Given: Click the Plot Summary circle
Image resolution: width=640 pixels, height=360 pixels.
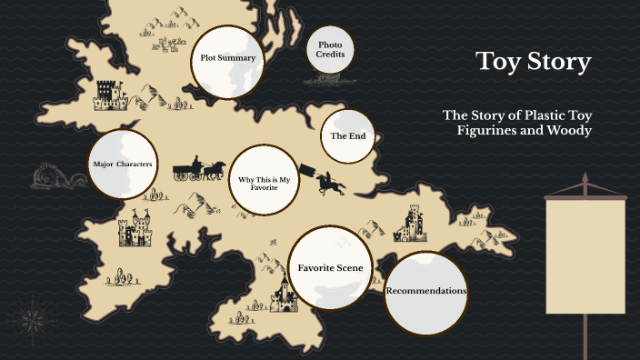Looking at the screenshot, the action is [227, 58].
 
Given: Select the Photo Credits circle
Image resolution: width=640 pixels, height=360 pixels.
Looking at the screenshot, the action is [330, 49].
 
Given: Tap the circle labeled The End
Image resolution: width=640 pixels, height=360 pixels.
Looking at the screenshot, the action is [347, 135].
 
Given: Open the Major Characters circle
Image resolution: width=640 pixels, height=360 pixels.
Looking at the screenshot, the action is [122, 165].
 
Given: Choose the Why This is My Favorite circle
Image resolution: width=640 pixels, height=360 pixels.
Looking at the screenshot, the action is [263, 182].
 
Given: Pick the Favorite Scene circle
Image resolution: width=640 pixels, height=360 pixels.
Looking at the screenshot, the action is [330, 267].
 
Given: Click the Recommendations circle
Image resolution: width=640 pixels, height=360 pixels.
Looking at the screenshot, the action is [425, 291].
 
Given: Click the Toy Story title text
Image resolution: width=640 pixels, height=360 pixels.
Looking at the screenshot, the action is [534, 63].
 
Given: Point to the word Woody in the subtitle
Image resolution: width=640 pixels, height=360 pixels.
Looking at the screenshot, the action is [571, 131].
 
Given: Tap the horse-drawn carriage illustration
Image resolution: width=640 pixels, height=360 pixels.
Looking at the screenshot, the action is [199, 168].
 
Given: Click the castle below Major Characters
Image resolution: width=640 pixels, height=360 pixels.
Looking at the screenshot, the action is [135, 231].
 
